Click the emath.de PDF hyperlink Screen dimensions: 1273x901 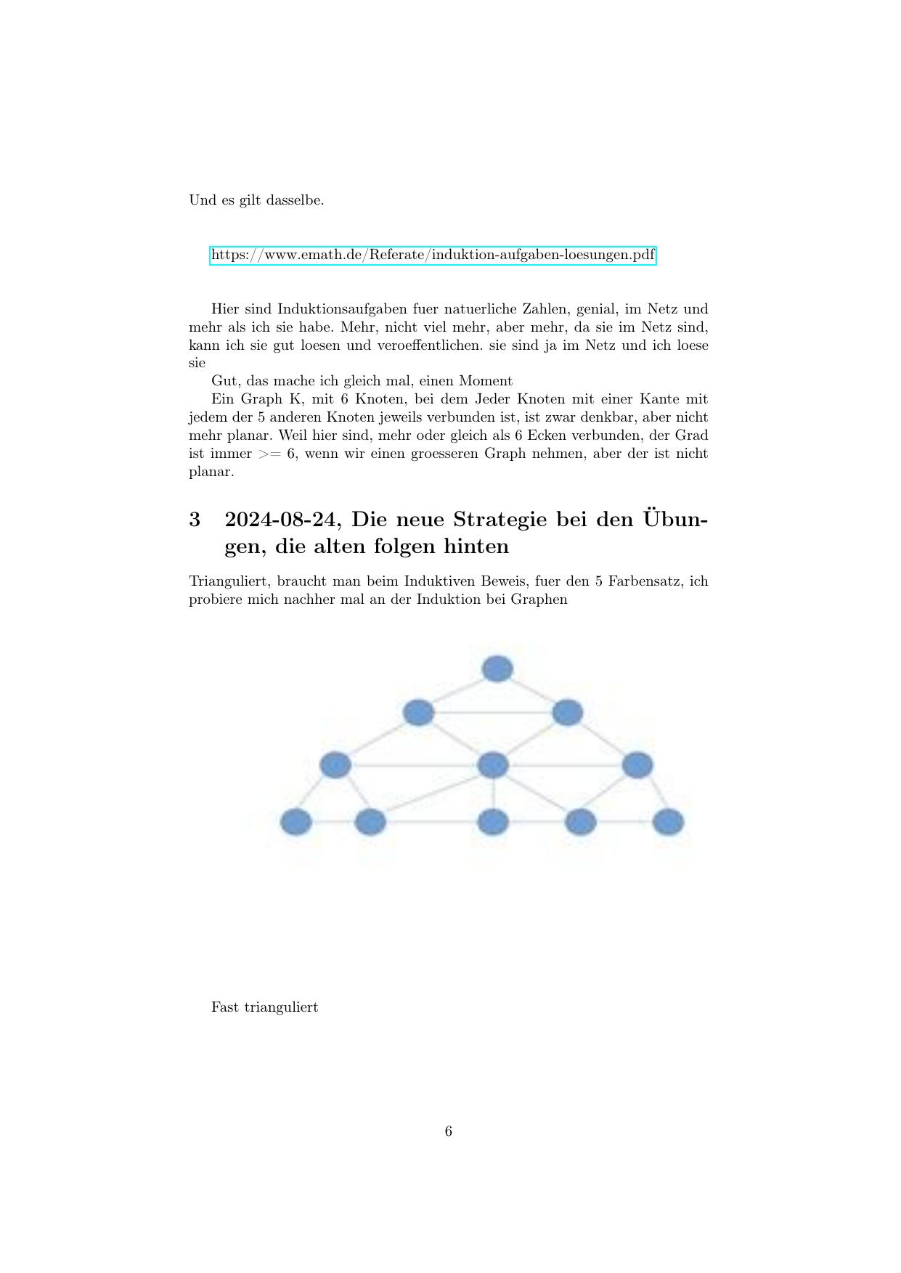click(x=433, y=255)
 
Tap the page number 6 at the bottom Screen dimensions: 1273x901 click(x=449, y=1131)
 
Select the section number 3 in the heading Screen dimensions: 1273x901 click(x=195, y=520)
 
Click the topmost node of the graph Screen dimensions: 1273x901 click(x=497, y=668)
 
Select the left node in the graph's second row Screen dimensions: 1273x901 click(x=418, y=713)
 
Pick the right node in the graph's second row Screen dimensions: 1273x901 click(x=567, y=713)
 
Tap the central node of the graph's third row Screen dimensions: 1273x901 click(x=494, y=765)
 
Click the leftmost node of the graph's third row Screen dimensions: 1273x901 click(x=335, y=765)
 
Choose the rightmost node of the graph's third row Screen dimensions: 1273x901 click(x=637, y=765)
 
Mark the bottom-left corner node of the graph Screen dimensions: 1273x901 click(x=296, y=822)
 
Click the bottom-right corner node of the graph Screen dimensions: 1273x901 click(x=668, y=822)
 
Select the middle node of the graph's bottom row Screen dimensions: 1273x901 click(x=494, y=822)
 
